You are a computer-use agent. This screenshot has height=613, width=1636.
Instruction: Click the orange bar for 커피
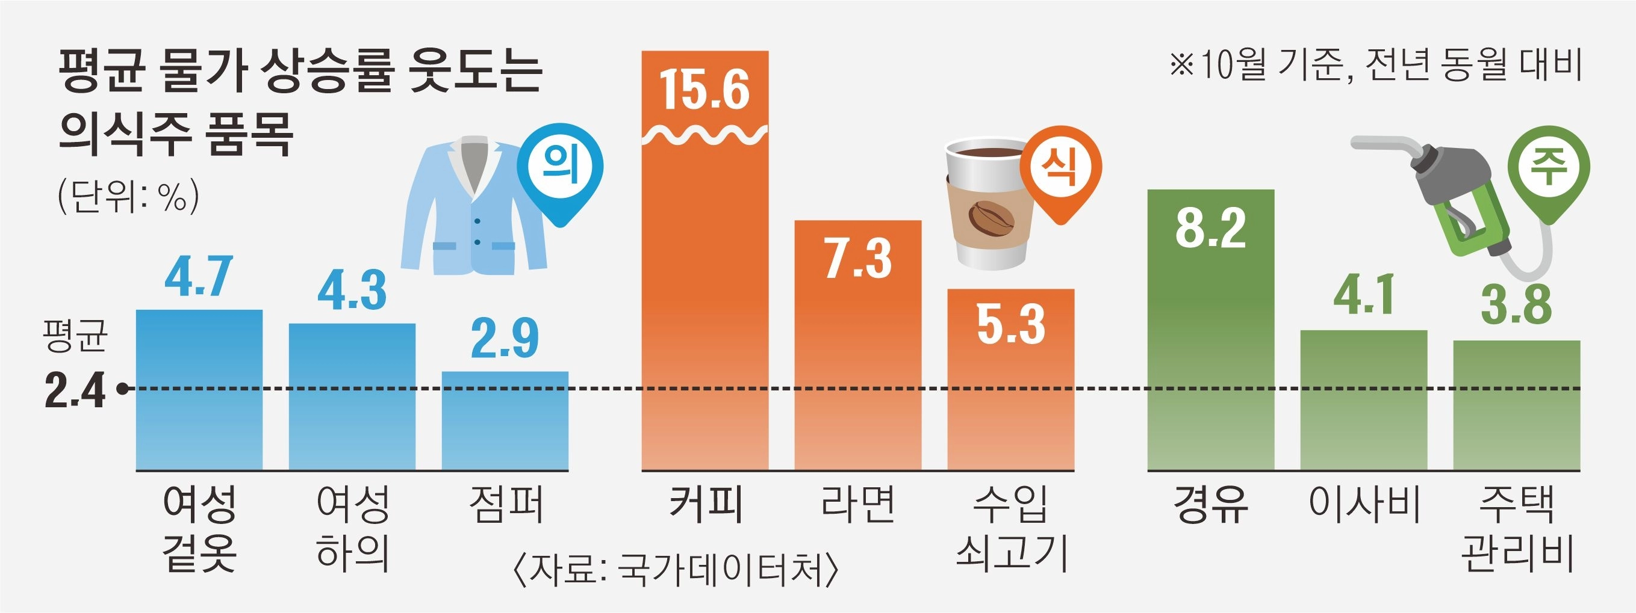tap(705, 304)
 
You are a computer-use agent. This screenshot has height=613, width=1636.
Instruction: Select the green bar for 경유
tap(1210, 356)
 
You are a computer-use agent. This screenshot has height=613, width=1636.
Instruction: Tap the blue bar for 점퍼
tap(505, 422)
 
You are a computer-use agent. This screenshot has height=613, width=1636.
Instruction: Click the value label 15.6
tap(705, 90)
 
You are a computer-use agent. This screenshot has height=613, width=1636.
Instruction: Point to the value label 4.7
tap(199, 277)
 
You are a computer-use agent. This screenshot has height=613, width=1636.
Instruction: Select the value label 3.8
tap(1517, 304)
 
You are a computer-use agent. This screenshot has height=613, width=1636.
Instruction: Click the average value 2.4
tap(75, 390)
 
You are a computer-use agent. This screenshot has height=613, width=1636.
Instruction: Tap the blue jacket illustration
tap(473, 206)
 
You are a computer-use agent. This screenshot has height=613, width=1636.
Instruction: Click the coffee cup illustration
tap(988, 203)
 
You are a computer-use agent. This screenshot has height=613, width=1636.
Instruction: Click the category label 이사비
tap(1364, 505)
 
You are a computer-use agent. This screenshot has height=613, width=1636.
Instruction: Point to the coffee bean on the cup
tap(991, 218)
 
